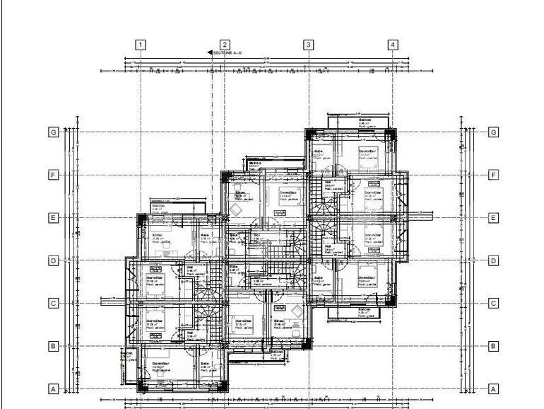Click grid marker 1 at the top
point(141,45)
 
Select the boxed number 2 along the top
point(225,45)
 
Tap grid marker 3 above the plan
point(309,45)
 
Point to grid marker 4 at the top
point(393,45)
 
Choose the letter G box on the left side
point(52,132)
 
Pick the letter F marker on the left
point(52,174)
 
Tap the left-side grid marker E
point(52,217)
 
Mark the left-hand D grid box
point(52,260)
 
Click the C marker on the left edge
point(52,303)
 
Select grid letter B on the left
point(52,346)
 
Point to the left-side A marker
point(52,388)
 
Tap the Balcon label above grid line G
point(365,120)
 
